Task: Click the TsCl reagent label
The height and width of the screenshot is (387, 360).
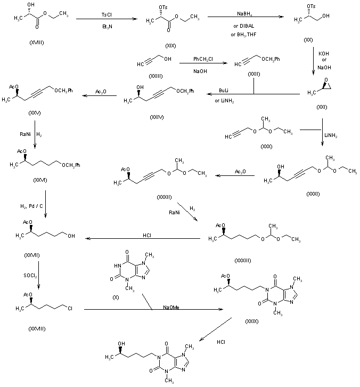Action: pos(106,14)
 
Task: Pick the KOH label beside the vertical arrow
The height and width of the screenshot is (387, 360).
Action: pos(323,53)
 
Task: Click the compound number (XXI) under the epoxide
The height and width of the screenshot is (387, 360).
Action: pos(322,107)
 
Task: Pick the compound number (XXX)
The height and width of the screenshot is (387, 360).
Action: pos(265,147)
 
